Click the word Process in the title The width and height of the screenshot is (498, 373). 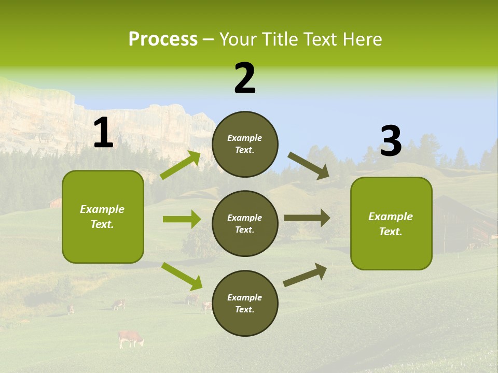tap(163, 39)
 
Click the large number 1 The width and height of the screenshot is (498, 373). tap(103, 133)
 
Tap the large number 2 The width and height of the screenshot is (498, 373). tap(245, 78)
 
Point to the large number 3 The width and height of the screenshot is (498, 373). tap(391, 141)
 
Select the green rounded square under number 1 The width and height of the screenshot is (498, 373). tap(103, 217)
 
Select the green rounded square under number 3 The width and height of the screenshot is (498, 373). tap(391, 223)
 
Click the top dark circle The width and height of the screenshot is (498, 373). tap(245, 144)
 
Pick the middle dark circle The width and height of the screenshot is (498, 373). tap(245, 223)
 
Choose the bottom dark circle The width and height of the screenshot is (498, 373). tap(245, 303)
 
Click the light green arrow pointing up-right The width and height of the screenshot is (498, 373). tap(181, 165)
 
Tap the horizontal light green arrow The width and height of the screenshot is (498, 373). tap(182, 219)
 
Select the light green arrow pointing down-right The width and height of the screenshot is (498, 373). tap(182, 276)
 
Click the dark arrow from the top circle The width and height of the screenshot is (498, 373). tap(309, 166)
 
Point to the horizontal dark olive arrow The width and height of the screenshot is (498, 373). tap(307, 218)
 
